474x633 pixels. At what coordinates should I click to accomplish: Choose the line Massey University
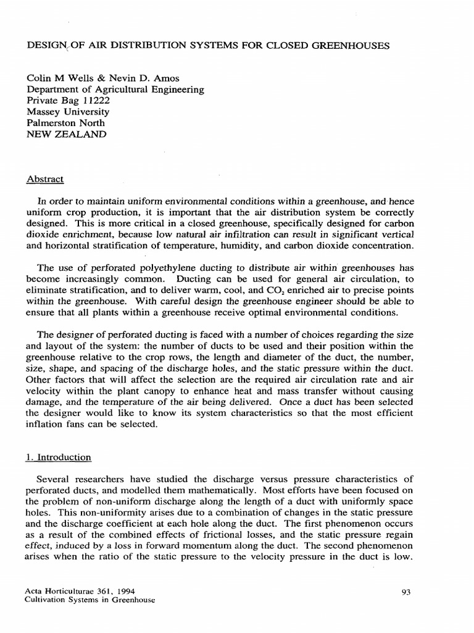(x=67, y=112)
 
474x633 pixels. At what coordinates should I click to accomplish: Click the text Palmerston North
(x=65, y=123)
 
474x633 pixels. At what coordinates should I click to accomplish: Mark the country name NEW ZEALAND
(x=66, y=134)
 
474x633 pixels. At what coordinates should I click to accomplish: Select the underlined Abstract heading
(x=45, y=179)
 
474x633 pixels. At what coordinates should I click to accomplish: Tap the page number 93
(x=406, y=592)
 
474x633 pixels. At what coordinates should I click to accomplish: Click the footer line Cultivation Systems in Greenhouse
(x=89, y=600)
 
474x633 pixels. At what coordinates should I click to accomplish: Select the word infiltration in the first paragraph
(x=245, y=236)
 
